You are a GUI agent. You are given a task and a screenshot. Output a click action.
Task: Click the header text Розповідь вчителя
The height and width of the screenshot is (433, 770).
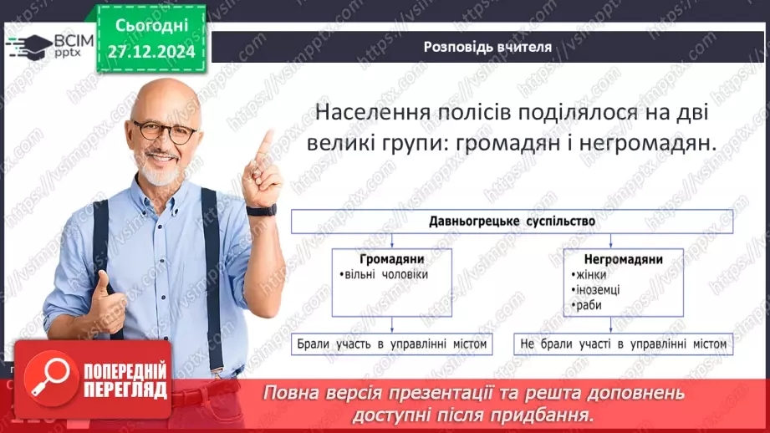point(487,47)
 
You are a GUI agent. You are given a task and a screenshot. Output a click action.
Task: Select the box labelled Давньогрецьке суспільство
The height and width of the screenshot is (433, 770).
point(512,222)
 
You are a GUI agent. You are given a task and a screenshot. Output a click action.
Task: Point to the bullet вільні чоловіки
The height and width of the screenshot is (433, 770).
point(384,275)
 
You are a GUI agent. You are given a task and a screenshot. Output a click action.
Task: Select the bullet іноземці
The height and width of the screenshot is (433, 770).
point(599,290)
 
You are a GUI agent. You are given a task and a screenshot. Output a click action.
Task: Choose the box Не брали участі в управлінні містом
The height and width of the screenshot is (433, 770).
point(623,344)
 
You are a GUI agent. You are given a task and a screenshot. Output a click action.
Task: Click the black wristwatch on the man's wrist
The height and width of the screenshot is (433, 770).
point(261,210)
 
